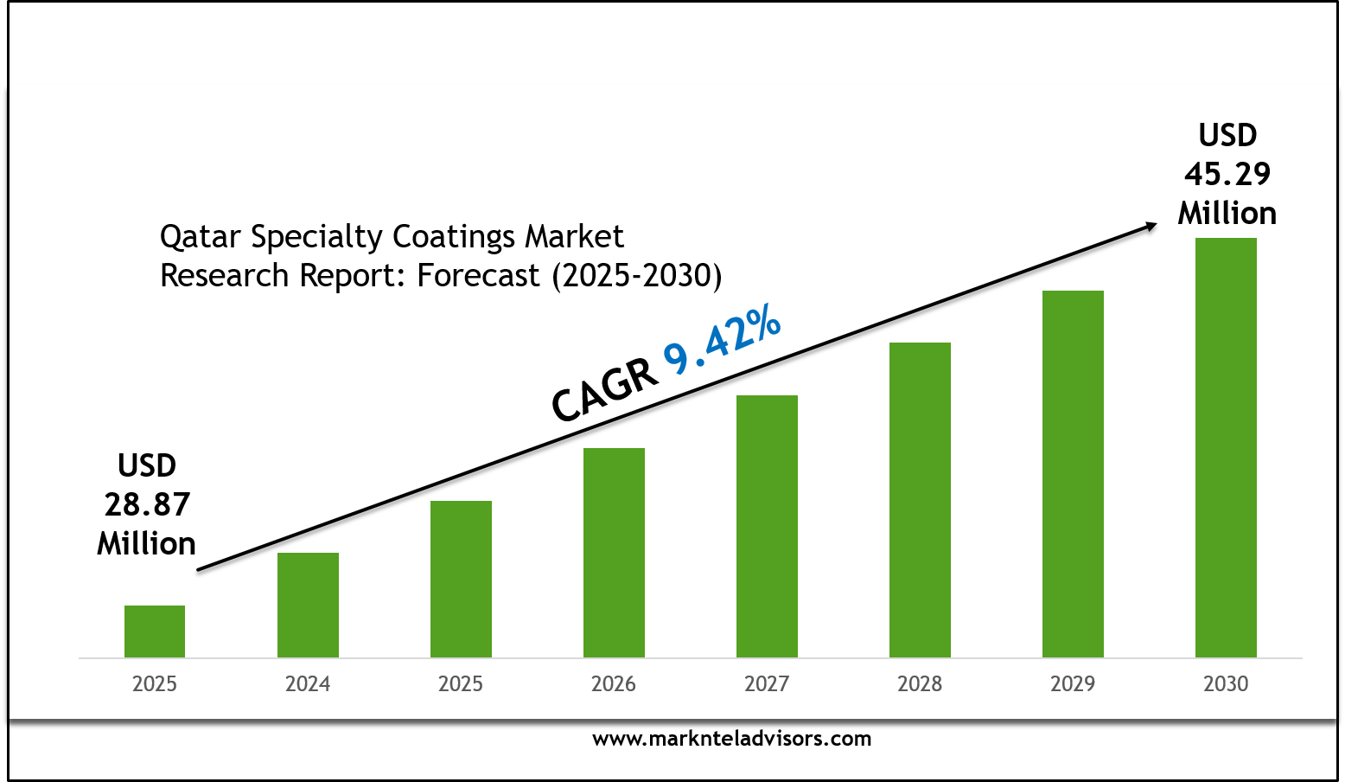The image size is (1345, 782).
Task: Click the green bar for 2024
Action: tap(308, 605)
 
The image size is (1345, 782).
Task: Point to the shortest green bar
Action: tap(155, 631)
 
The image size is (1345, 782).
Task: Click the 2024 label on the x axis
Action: tap(308, 684)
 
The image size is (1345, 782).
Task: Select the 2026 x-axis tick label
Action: tap(614, 684)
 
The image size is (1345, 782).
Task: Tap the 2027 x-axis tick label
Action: tap(767, 684)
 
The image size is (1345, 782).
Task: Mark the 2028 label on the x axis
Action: tap(920, 684)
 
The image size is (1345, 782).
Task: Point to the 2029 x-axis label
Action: tap(1073, 684)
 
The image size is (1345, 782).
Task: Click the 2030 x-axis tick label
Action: tap(1226, 684)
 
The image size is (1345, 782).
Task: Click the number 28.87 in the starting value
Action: tap(147, 504)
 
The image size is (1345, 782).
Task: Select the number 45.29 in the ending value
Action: tap(1227, 174)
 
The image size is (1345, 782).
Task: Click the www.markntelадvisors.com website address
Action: tap(731, 739)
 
